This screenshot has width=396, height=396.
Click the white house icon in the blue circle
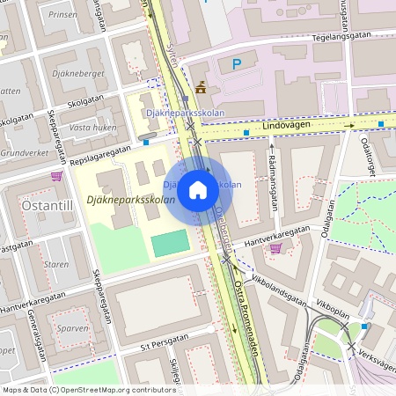point(198,188)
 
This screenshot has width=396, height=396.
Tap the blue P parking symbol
point(236,63)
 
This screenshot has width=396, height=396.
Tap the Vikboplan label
point(332,311)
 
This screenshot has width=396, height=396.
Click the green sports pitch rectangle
point(170,243)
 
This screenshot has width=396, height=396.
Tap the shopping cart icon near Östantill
point(56,175)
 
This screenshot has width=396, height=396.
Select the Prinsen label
point(63,15)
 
